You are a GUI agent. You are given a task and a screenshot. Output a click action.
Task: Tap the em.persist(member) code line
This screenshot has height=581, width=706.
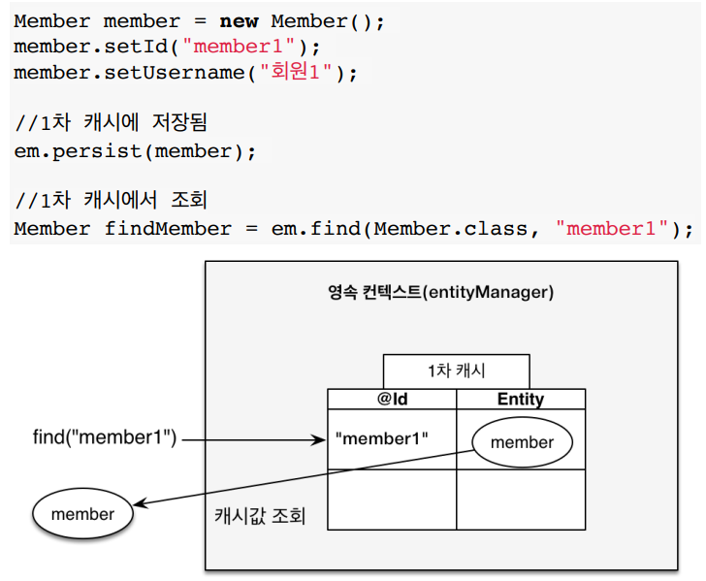[x=136, y=151]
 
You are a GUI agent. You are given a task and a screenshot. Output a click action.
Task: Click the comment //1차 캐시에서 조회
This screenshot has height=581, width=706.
[x=112, y=202]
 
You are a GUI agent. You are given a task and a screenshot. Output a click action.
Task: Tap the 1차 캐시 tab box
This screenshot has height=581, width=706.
[x=456, y=371]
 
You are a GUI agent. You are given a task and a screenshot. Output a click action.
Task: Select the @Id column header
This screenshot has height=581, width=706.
[x=392, y=399]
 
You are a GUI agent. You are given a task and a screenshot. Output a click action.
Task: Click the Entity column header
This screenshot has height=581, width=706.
[x=521, y=399]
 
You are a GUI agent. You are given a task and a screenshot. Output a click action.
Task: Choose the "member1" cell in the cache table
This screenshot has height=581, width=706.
[x=381, y=438]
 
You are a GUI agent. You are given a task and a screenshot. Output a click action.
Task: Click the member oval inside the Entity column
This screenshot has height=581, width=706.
[x=522, y=442]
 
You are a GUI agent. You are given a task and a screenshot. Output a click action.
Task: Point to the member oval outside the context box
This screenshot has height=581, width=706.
[x=82, y=514]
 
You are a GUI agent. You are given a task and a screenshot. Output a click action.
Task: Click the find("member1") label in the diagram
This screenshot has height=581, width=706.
[x=105, y=438]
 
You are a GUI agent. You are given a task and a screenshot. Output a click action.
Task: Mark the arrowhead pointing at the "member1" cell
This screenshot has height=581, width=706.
[x=321, y=439]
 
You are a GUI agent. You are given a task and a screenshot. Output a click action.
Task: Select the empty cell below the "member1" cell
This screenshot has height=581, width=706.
[x=392, y=499]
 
